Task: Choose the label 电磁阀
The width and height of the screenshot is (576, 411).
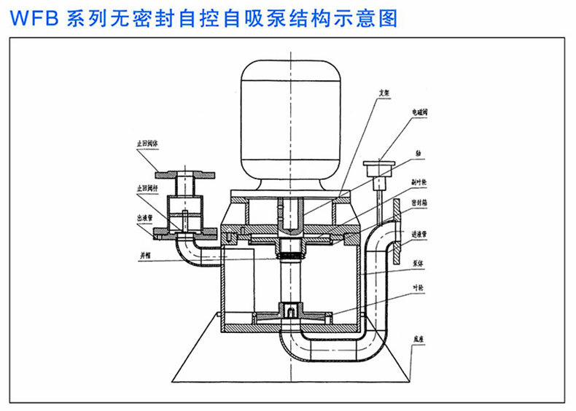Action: (x=420, y=114)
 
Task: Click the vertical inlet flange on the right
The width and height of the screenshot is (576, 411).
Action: (x=396, y=219)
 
